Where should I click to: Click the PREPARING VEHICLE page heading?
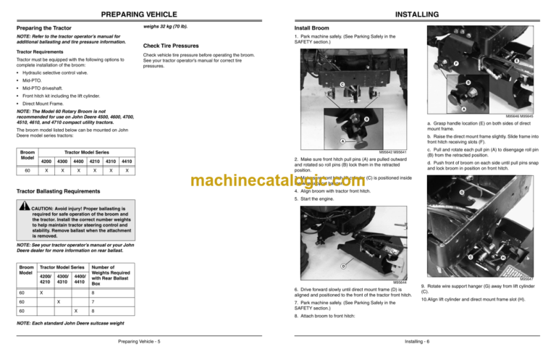[139, 14]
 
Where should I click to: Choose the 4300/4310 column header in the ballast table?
[63, 277]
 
